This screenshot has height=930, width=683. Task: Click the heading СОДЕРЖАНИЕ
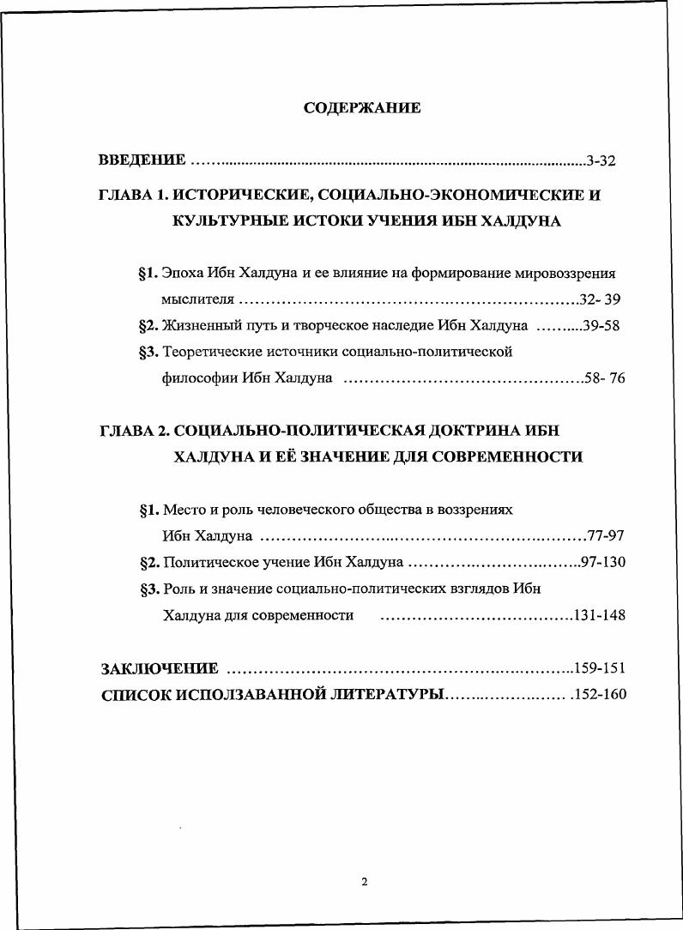(362, 108)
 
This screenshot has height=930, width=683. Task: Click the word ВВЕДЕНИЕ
(142, 160)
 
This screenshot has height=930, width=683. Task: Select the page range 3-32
(601, 160)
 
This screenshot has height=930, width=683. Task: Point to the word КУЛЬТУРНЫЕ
(226, 221)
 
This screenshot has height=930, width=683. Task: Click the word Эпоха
(183, 274)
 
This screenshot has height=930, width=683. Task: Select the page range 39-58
(601, 326)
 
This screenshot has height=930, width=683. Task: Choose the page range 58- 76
(604, 378)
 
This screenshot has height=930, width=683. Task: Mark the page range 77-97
(606, 536)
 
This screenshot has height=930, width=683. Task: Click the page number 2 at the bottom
(364, 881)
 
